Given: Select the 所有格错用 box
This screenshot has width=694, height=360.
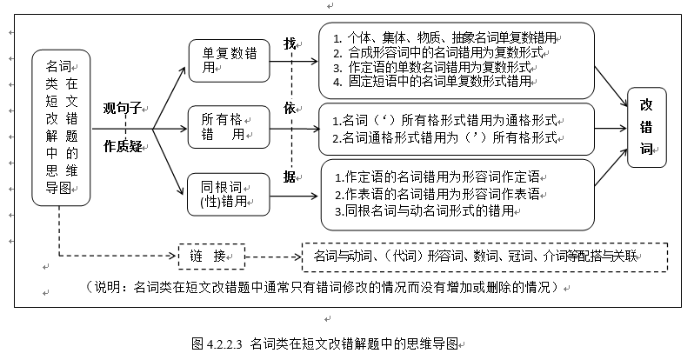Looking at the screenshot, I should point(228,127).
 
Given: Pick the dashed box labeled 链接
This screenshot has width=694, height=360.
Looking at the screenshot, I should point(211,257).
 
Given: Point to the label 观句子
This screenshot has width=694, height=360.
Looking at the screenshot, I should point(123,110).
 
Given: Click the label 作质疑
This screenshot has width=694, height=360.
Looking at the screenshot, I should point(123,145).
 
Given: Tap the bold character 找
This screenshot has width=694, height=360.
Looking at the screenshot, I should point(290,43).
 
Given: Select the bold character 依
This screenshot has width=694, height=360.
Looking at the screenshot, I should point(290,108).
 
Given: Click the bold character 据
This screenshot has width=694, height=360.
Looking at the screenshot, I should point(290,177).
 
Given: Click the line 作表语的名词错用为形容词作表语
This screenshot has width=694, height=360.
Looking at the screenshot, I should point(439,192).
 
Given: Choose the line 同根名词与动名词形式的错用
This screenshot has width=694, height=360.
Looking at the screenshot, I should point(430,210).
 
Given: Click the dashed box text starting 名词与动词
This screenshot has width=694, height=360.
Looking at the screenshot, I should point(479,256).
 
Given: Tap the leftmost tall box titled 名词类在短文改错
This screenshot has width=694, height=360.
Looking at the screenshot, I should point(60,127).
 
